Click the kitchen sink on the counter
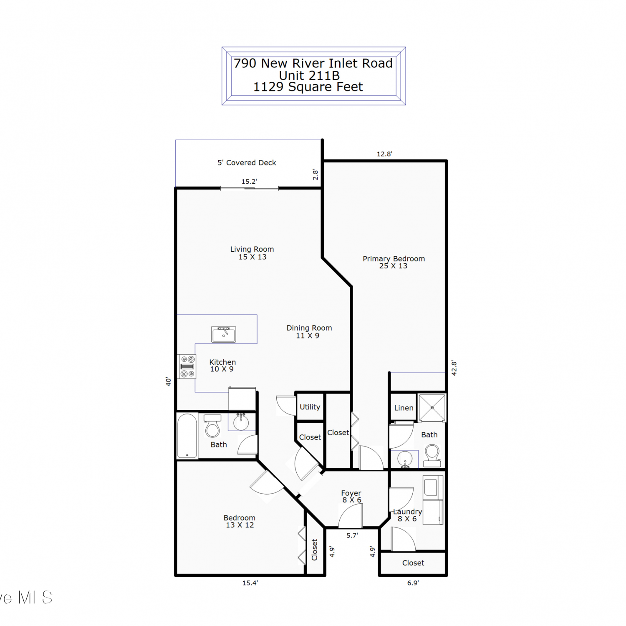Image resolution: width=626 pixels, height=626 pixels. [x=224, y=334]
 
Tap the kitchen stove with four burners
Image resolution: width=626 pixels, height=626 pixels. [x=187, y=366]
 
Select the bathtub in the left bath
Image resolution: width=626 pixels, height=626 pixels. [x=187, y=436]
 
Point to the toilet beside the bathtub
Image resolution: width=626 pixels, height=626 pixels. [x=212, y=426]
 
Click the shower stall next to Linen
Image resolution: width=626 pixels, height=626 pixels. [x=432, y=408]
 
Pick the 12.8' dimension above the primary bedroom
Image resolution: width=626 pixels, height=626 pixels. [x=384, y=154]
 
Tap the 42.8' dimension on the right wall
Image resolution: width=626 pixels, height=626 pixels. [x=454, y=369]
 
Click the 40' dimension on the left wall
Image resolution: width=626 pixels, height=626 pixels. [x=168, y=381]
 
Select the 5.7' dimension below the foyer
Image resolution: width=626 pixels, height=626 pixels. [x=352, y=535]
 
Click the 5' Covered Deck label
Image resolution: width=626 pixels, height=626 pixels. [x=247, y=163]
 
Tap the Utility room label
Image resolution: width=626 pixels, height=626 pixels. [x=310, y=407]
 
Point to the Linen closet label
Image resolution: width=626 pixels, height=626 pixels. [x=404, y=408]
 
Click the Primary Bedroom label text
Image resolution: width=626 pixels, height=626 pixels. [x=394, y=259]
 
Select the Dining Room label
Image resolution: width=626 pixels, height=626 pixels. [x=309, y=328]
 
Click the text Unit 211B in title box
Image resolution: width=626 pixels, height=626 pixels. [x=309, y=76]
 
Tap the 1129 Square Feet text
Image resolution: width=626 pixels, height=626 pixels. [x=308, y=87]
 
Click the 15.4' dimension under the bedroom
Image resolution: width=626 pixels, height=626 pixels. [x=250, y=583]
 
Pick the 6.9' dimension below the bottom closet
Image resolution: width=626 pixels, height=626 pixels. [x=413, y=583]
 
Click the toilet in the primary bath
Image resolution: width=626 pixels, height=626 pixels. [x=432, y=456]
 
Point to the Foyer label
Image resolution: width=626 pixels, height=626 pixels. [x=351, y=493]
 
